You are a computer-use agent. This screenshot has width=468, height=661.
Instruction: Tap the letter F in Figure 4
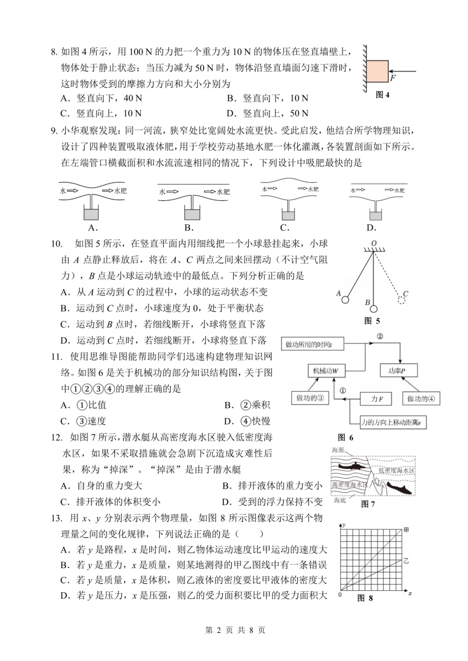click(x=393, y=78)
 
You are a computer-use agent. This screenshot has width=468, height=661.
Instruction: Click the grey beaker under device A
click(x=91, y=214)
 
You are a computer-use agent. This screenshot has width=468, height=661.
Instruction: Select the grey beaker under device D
click(x=376, y=215)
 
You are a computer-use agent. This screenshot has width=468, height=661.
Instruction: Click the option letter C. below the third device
click(x=285, y=228)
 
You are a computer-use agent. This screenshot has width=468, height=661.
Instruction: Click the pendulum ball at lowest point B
click(x=374, y=309)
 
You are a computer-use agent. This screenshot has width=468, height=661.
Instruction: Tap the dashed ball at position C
click(x=402, y=300)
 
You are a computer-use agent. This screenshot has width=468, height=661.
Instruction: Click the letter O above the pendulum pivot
click(x=374, y=244)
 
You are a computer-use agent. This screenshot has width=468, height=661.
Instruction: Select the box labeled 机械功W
click(x=325, y=371)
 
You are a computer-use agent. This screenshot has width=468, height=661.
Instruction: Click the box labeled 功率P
click(x=396, y=371)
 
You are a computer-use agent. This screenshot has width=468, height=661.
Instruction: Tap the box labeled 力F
click(x=376, y=399)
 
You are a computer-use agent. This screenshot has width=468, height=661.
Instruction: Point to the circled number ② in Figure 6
click(x=380, y=336)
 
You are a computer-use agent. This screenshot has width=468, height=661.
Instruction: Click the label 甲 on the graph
click(x=406, y=530)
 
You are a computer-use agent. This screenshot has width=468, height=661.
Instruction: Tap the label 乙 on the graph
click(x=406, y=561)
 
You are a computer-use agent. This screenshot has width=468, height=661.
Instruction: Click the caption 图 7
click(x=368, y=504)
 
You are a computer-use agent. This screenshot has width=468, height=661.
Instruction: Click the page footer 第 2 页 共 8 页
click(x=234, y=630)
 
